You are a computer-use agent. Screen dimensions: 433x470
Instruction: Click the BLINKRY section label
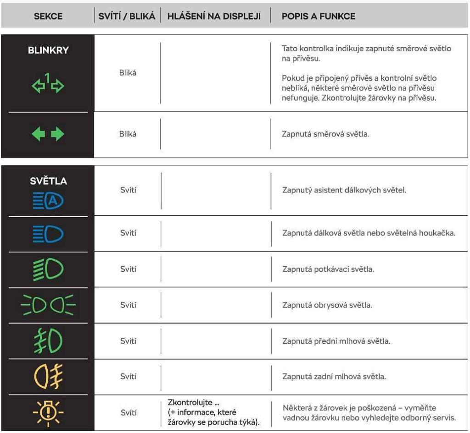point(48,50)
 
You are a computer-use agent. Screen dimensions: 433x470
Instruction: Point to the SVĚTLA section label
point(48,181)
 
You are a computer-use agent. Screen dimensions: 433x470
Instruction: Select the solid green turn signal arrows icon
point(48,134)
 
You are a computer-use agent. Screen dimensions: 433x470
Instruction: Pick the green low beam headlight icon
point(48,269)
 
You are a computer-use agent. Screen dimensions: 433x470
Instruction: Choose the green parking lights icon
point(48,304)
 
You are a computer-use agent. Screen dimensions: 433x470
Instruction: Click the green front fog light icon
point(48,341)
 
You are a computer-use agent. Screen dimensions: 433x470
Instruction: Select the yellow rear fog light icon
point(48,376)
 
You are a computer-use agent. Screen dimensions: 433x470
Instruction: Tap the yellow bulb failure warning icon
point(48,411)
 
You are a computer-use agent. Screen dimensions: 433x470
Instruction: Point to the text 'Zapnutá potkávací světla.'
point(328,269)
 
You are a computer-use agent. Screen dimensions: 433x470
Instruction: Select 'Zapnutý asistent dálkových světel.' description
point(344,190)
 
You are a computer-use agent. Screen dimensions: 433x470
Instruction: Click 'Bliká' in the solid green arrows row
point(128,134)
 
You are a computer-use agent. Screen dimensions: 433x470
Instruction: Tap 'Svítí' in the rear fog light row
point(128,377)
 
